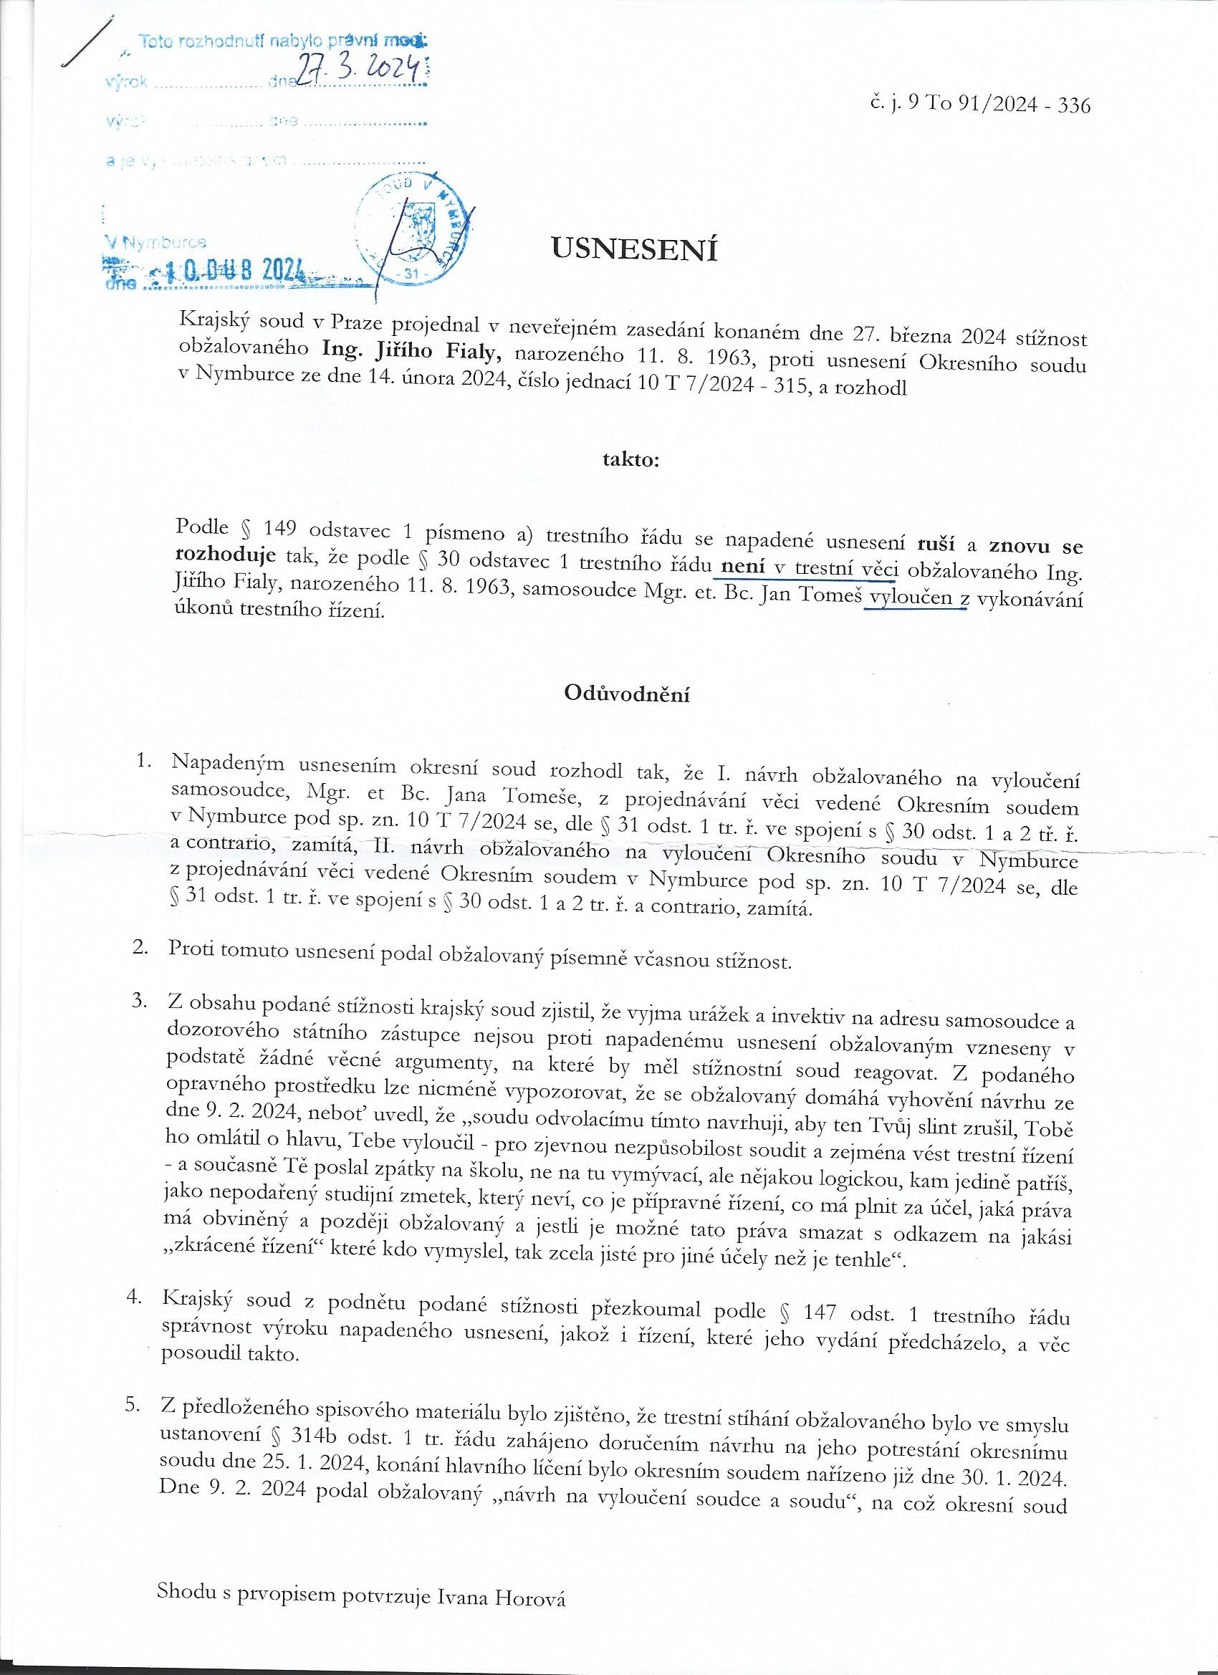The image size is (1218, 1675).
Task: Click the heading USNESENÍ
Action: click(635, 249)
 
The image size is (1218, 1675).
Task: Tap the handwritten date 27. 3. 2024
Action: click(358, 72)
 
